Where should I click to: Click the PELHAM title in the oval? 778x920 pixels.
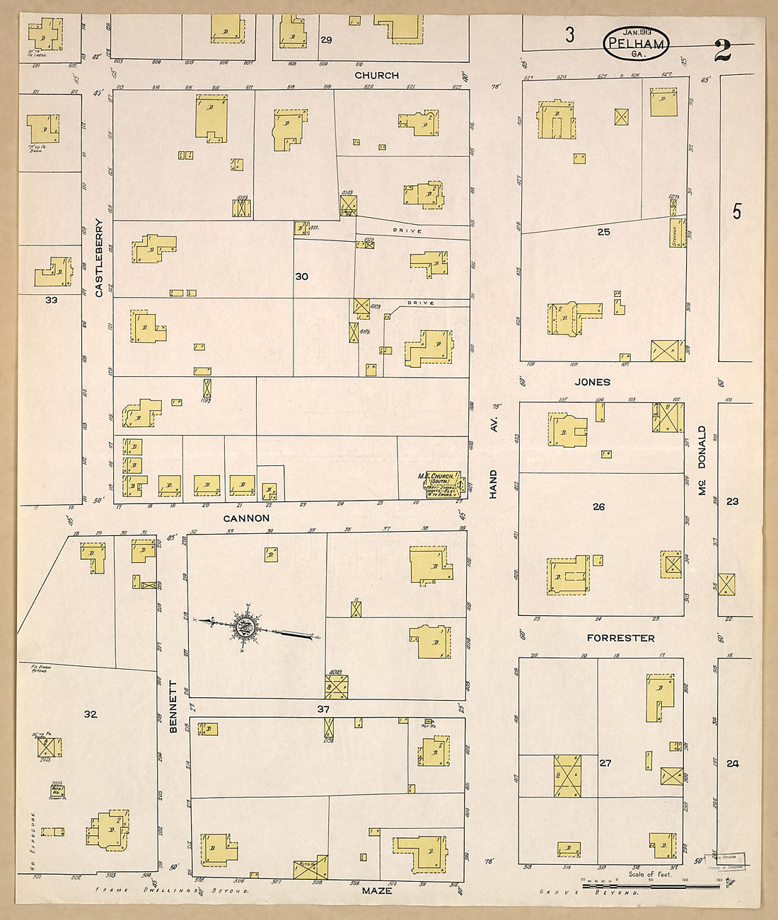point(634,45)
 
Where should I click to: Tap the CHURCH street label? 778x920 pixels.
point(376,75)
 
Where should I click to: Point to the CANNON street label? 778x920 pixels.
point(246,518)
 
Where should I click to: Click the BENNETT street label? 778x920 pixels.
point(173,706)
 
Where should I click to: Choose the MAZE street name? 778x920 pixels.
point(376,890)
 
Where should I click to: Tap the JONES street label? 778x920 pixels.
point(592,382)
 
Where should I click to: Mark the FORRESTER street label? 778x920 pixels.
point(620,638)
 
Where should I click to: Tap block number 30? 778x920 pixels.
point(301,276)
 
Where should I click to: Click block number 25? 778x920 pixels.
point(603,232)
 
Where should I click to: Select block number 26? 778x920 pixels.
point(598,506)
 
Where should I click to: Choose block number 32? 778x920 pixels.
point(90,714)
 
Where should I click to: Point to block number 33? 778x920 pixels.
point(51,300)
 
